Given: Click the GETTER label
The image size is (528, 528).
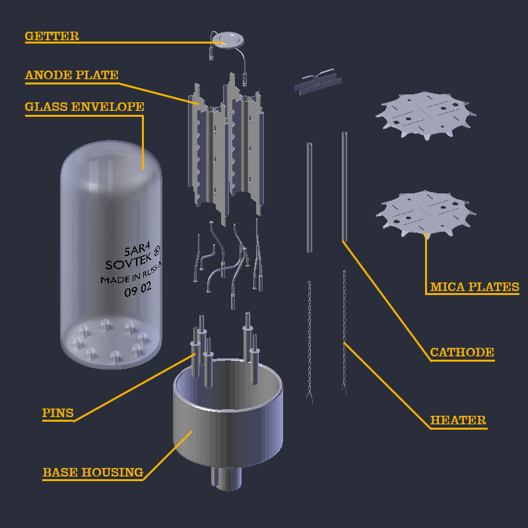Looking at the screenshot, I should [51, 36].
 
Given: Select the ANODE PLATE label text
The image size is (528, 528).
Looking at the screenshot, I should [71, 75].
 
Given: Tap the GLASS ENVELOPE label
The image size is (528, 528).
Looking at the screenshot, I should [84, 107].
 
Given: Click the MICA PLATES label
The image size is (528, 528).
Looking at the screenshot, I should [474, 287].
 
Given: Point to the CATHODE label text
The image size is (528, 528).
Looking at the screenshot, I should [461, 352].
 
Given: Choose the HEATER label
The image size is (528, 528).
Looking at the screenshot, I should [458, 420].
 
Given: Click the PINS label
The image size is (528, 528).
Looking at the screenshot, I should [57, 414].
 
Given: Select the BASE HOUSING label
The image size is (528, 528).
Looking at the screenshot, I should [92, 473].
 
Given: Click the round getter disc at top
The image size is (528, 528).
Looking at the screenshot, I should [226, 39].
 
